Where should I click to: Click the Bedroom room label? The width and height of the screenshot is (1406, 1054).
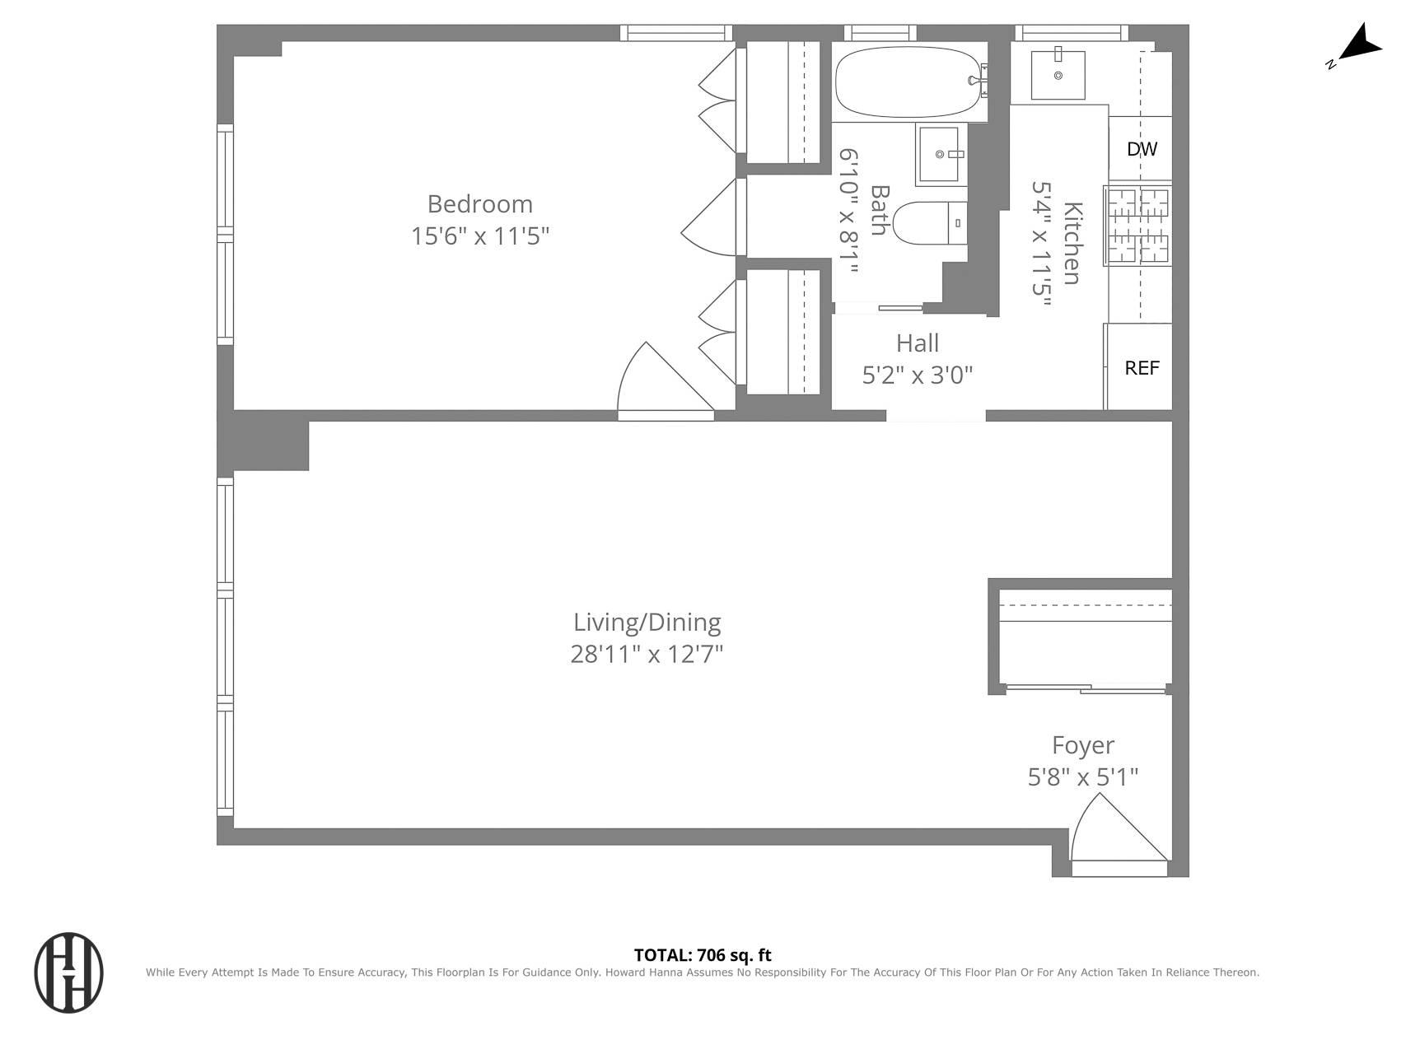coord(479,204)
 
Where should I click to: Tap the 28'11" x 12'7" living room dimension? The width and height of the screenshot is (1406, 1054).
coord(647,655)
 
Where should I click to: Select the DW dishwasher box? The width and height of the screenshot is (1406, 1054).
coord(1142,149)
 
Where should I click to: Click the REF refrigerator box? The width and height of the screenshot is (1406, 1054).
coord(1142,368)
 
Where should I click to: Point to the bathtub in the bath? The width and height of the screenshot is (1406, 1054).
coord(909,82)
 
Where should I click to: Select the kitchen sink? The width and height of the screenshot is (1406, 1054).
coord(1058,75)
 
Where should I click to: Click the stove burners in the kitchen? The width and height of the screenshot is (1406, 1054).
coord(1138,226)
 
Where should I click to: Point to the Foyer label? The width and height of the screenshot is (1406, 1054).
coord(1082,745)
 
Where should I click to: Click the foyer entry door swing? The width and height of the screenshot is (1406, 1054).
coord(1112,832)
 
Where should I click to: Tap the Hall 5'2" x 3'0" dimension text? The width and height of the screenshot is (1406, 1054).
coord(917,375)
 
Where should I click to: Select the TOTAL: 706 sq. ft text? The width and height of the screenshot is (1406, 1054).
coord(703,955)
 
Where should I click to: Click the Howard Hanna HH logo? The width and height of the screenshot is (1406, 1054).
coord(68,972)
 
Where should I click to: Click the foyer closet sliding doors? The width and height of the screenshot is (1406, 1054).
coord(1084,688)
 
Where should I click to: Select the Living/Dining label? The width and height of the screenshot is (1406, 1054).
coord(647,623)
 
